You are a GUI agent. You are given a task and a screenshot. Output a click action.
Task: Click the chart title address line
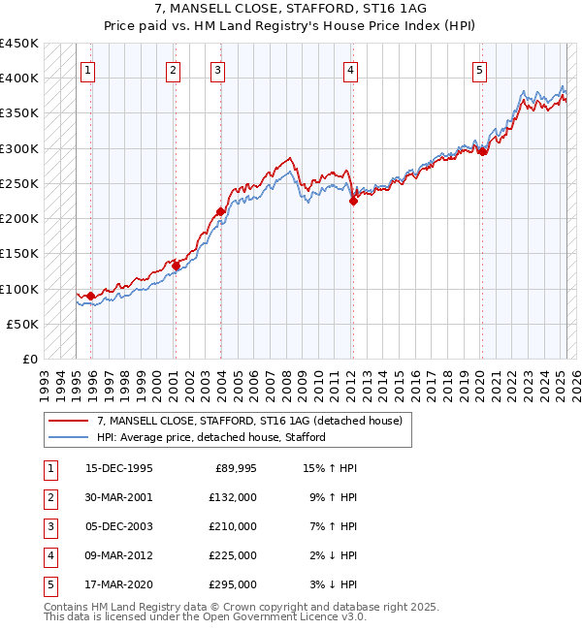pyautogui.click(x=290, y=9)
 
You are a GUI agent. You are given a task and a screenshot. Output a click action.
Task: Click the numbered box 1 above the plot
pyautogui.click(x=88, y=70)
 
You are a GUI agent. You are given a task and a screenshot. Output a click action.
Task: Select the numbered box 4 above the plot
pyautogui.click(x=349, y=70)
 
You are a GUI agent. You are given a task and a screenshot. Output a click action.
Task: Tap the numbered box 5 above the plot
pyautogui.click(x=480, y=70)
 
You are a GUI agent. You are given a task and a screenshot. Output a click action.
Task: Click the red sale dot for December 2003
pyautogui.click(x=220, y=211)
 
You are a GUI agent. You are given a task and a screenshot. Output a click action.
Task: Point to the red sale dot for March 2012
pyautogui.click(x=353, y=201)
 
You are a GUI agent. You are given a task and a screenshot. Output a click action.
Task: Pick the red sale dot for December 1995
pyautogui.click(x=91, y=296)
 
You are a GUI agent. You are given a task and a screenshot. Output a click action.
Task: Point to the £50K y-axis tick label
pyautogui.click(x=23, y=324)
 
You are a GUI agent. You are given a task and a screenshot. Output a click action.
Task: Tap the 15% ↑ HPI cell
pyautogui.click(x=331, y=468)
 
